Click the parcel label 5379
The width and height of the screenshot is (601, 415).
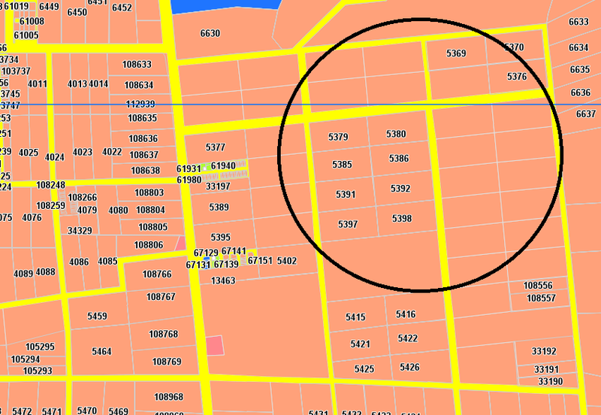[x=339, y=137]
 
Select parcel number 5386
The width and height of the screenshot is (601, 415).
[x=400, y=159]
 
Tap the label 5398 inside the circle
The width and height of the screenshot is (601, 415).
[x=402, y=219]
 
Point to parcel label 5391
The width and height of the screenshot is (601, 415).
[x=346, y=194]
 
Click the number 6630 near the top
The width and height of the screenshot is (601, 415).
[x=210, y=33]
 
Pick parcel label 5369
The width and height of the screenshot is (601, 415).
[x=456, y=53]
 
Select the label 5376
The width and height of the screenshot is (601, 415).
[x=517, y=77]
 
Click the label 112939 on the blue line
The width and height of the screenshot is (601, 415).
[x=140, y=105]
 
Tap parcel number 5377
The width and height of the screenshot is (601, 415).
[x=216, y=147]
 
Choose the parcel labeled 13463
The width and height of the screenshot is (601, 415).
[x=223, y=280]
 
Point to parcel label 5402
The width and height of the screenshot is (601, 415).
[x=287, y=261]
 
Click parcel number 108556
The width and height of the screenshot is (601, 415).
[x=538, y=286]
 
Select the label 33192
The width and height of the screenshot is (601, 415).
[x=544, y=351]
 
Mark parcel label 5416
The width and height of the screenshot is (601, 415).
[x=406, y=314]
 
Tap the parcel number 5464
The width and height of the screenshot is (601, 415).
[x=101, y=352]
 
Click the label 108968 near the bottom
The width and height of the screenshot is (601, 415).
[x=168, y=397]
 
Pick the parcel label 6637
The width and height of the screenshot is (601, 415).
[x=586, y=114]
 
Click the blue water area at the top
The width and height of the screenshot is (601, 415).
[x=225, y=6]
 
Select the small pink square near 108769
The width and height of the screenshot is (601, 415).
[x=215, y=346]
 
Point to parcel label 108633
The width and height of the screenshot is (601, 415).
[x=138, y=65]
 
